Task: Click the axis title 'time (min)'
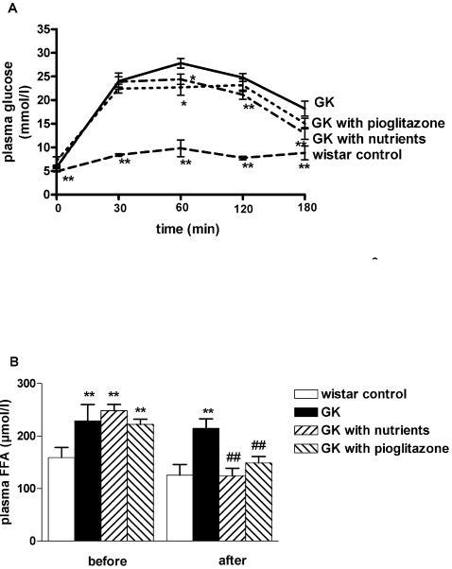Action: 180,230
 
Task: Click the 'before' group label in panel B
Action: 100,559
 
